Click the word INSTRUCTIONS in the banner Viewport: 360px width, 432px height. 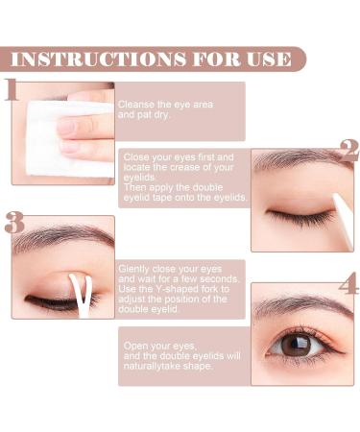99,59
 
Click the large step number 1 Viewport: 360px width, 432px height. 11,89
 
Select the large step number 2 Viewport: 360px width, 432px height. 349,151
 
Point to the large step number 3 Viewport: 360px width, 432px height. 14,222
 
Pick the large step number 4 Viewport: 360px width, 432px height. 348,283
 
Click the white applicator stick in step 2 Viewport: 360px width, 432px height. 343,221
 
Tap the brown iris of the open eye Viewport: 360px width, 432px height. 296,345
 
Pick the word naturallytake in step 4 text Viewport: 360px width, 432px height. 152,366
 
